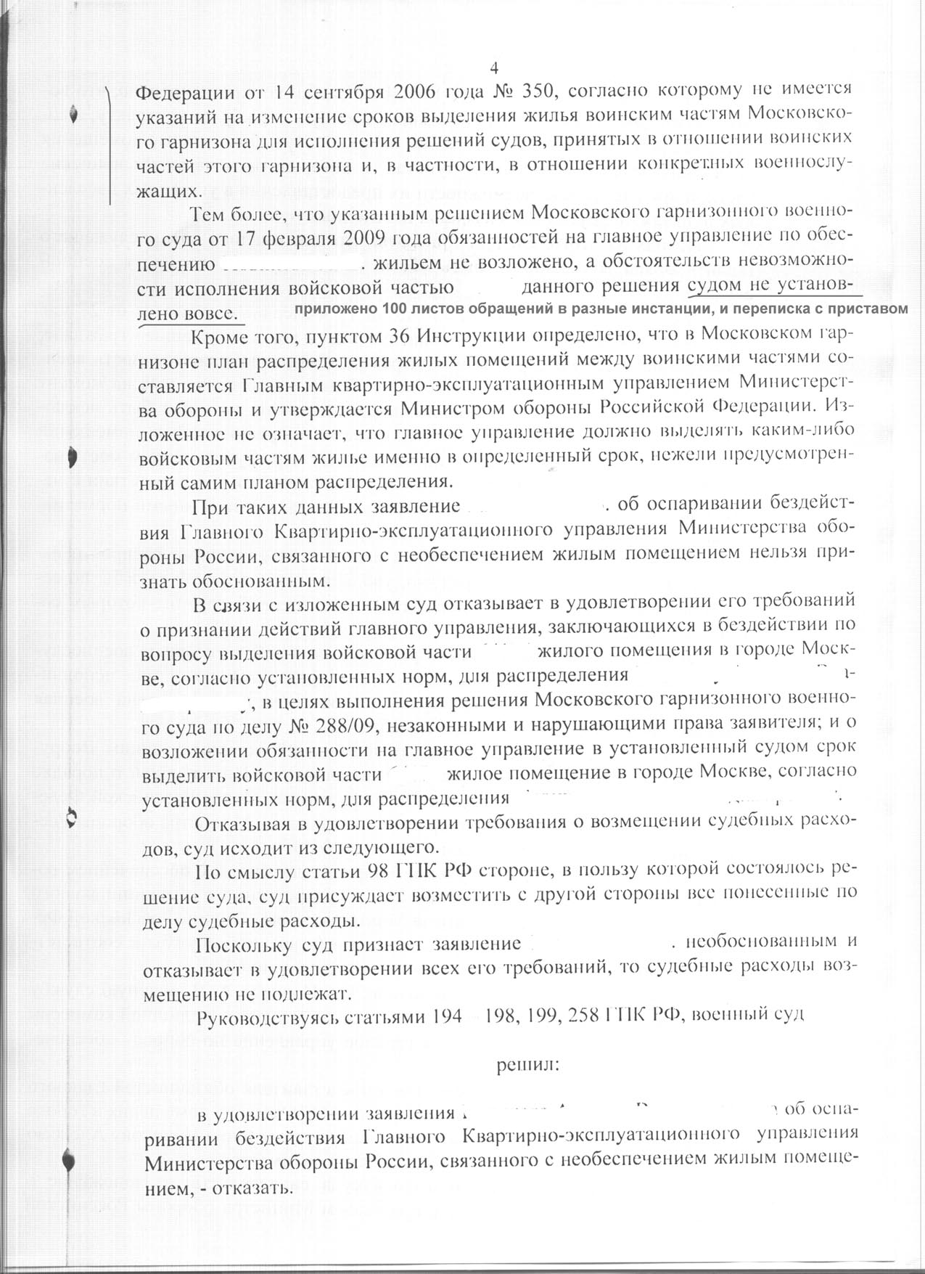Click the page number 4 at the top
click(x=495, y=68)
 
